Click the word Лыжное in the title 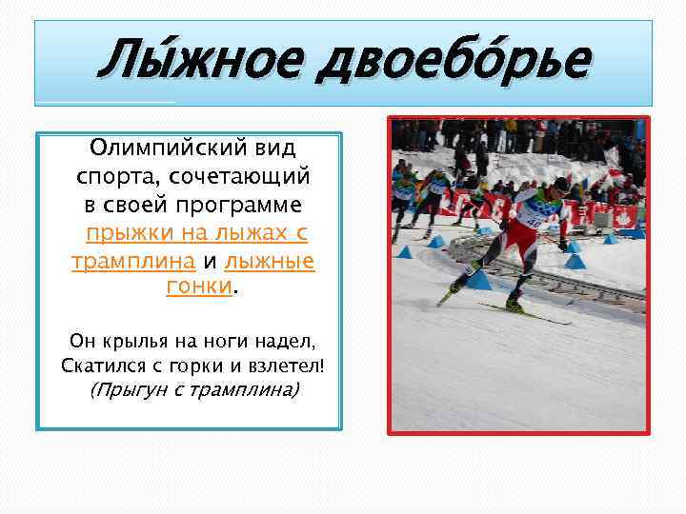click(x=196, y=63)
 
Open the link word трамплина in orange click(x=133, y=261)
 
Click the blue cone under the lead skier click(x=477, y=280)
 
